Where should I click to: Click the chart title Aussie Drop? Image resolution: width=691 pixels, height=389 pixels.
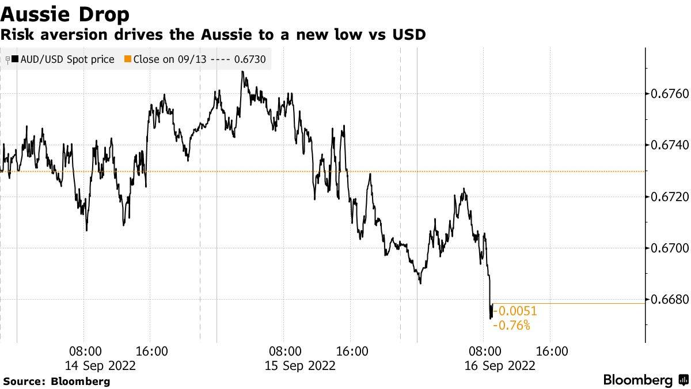[x=64, y=14]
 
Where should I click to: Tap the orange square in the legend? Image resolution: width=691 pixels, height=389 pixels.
[x=128, y=59]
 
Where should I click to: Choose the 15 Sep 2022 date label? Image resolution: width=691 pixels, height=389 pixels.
[x=300, y=365]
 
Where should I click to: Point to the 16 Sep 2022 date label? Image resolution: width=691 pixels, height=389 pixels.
[x=500, y=365]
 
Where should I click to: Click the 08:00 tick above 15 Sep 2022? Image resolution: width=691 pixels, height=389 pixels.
[x=285, y=351]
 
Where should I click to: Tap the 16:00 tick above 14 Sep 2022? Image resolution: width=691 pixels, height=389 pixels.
[x=151, y=351]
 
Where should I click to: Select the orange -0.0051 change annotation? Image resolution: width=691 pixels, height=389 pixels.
[x=517, y=311]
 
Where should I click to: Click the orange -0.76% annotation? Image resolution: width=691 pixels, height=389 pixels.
[x=512, y=326]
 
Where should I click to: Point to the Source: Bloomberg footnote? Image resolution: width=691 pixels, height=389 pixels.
[x=56, y=381]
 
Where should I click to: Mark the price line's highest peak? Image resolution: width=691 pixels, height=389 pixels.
[x=242, y=72]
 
